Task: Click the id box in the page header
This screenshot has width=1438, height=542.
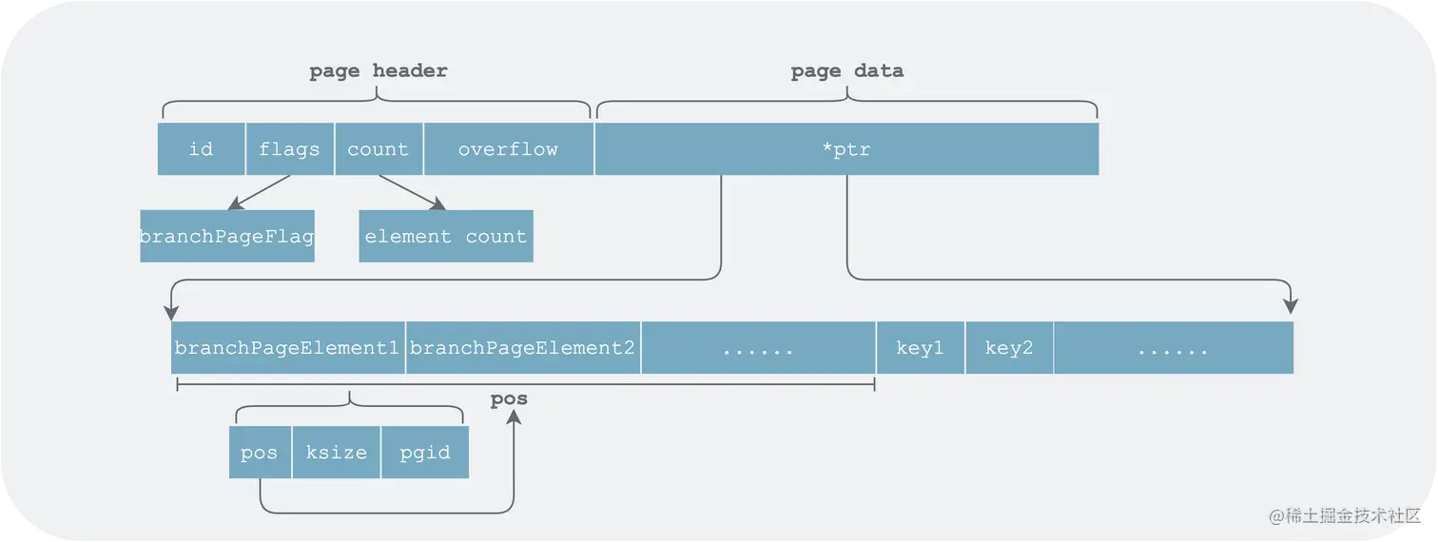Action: click(201, 149)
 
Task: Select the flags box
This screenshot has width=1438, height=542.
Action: click(289, 149)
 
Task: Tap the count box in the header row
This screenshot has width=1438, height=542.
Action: click(378, 149)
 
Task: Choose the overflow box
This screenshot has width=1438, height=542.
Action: click(508, 149)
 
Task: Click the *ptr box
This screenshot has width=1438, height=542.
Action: click(846, 149)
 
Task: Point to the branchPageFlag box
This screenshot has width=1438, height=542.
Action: click(226, 236)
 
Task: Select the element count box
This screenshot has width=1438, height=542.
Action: click(445, 236)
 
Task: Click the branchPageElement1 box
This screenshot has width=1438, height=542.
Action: click(287, 348)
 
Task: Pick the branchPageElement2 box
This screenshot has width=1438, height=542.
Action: click(522, 348)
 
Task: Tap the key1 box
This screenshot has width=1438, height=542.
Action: click(920, 348)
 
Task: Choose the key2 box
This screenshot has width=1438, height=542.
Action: click(1009, 348)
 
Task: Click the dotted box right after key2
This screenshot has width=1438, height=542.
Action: click(1173, 348)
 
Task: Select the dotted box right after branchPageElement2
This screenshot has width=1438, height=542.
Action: click(758, 348)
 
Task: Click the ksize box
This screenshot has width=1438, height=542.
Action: click(336, 453)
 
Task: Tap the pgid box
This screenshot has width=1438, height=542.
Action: click(424, 453)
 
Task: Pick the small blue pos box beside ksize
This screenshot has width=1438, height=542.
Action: click(259, 453)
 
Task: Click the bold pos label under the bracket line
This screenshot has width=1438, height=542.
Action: click(509, 399)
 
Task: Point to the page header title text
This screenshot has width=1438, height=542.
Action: click(378, 71)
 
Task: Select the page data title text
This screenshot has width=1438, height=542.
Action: click(846, 71)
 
